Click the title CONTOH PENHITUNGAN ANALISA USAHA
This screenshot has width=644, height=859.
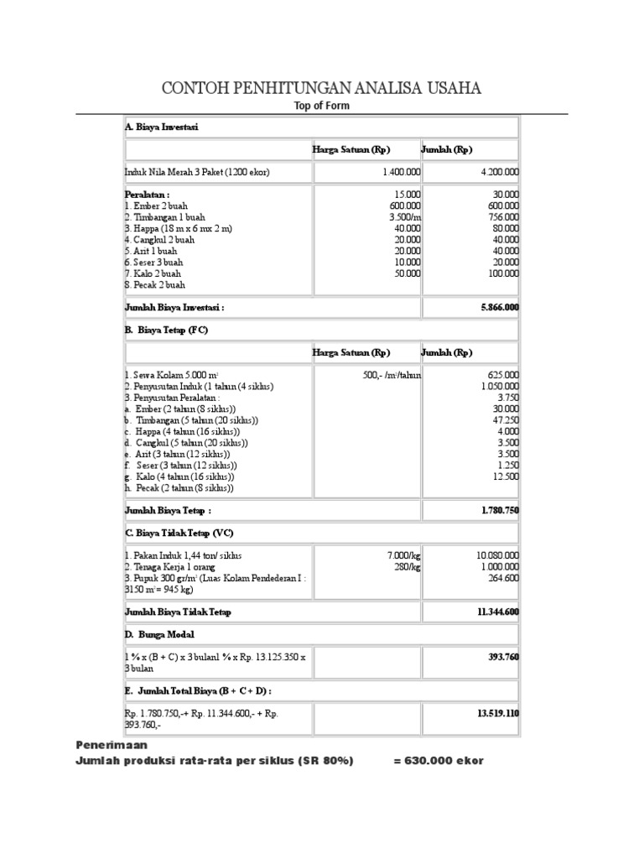coord(321,89)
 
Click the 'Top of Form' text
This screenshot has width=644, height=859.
coord(321,106)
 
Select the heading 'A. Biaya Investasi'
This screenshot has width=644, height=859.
coord(161,128)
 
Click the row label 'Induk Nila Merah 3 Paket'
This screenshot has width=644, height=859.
coord(197,173)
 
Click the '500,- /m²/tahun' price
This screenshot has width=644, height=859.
coord(386,375)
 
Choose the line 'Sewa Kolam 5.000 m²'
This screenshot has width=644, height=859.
coord(171,375)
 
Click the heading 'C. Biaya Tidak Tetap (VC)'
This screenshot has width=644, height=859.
coord(179,532)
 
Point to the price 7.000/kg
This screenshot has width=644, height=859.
coord(403,555)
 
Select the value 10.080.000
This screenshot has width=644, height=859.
coord(497,555)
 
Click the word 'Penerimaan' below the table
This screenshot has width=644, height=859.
coord(111,744)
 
